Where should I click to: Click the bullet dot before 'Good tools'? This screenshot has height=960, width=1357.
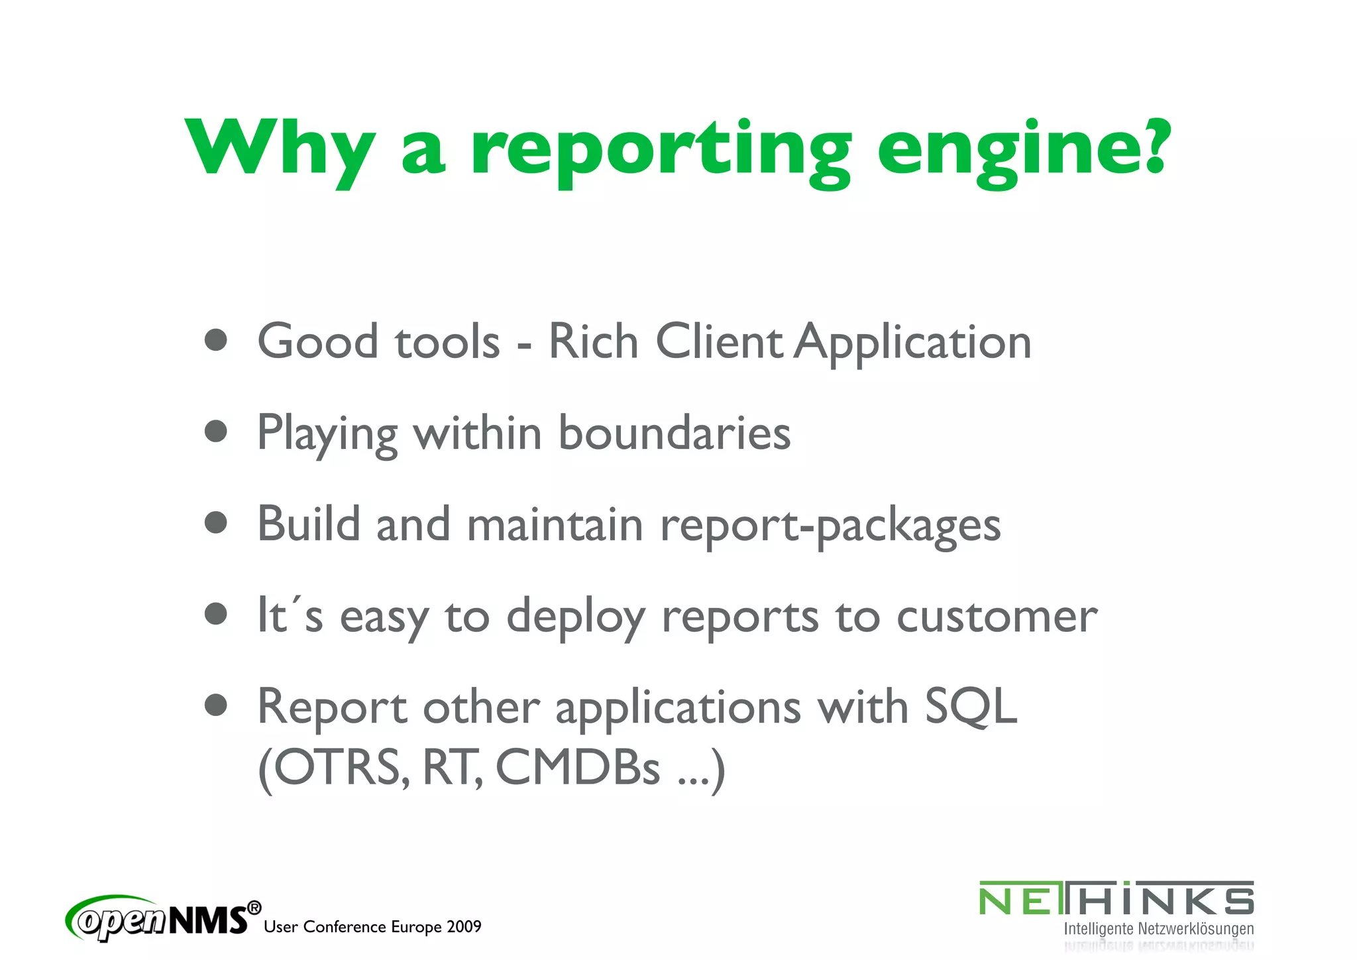click(216, 340)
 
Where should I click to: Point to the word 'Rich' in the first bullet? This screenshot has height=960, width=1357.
click(593, 341)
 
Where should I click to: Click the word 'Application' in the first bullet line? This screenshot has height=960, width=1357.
click(912, 343)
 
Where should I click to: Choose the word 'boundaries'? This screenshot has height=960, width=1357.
click(674, 433)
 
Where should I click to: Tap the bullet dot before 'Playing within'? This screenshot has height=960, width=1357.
click(216, 432)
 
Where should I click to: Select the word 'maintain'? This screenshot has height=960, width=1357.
click(555, 524)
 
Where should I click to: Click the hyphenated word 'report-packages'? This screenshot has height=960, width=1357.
click(830, 526)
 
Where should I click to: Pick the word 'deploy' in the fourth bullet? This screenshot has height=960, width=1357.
click(575, 617)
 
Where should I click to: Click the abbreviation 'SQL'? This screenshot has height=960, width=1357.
click(971, 707)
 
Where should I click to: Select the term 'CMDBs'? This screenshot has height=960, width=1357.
click(578, 768)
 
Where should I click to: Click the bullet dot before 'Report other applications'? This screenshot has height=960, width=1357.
click(216, 705)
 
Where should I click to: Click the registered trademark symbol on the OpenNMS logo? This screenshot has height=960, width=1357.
click(254, 908)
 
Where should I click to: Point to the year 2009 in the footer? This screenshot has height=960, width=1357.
click(463, 927)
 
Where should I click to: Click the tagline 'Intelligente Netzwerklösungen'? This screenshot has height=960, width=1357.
click(1158, 929)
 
